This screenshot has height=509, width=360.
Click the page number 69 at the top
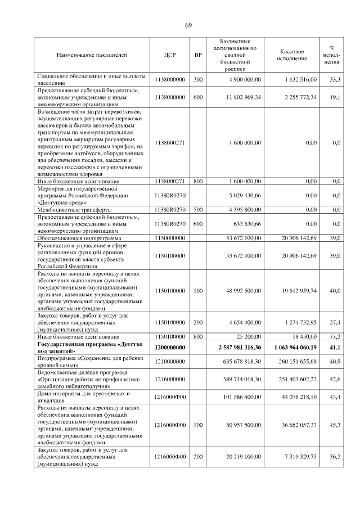tap(188, 25)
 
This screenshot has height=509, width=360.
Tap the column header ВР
tap(197, 55)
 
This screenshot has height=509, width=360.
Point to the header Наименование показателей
tap(92, 55)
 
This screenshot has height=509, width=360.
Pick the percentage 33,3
tap(336, 80)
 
